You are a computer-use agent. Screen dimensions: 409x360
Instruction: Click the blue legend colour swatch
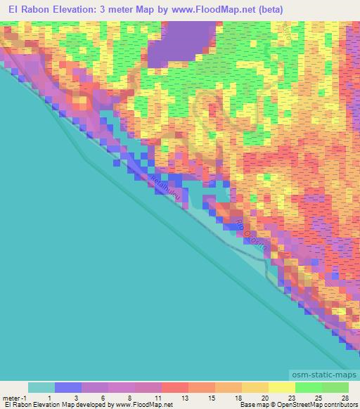click(x=68, y=387)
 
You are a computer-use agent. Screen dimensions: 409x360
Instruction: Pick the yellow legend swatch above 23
click(x=282, y=387)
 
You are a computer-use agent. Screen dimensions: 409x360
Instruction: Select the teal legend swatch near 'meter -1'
click(x=41, y=387)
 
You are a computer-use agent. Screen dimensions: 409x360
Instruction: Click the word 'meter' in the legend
click(x=12, y=398)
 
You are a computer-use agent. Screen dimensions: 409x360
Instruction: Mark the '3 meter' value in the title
click(x=127, y=10)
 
